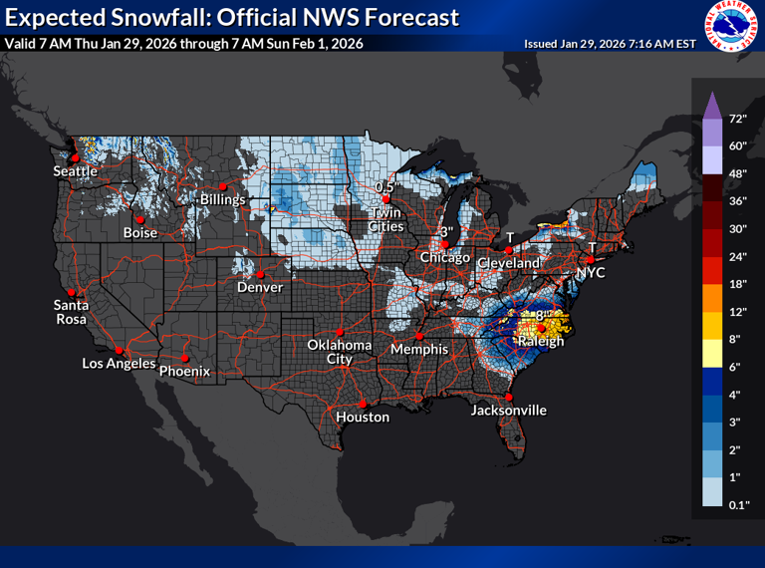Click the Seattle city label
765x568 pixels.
(x=76, y=171)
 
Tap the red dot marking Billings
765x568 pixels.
(x=223, y=185)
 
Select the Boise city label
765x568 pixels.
(x=139, y=232)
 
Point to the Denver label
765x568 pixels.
(x=260, y=287)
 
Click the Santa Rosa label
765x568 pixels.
(x=72, y=311)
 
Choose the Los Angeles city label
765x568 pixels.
(x=119, y=363)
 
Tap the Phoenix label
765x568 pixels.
(x=185, y=371)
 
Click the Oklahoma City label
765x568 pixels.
(x=339, y=351)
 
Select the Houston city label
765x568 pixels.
(x=363, y=417)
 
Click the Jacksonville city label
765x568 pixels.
(x=509, y=410)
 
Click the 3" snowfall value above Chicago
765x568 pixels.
(x=447, y=231)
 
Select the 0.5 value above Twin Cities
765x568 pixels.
(x=384, y=187)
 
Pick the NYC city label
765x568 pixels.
(x=590, y=271)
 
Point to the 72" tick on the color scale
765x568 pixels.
(x=737, y=119)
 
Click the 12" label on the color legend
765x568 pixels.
(x=737, y=312)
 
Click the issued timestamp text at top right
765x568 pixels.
(x=609, y=44)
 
